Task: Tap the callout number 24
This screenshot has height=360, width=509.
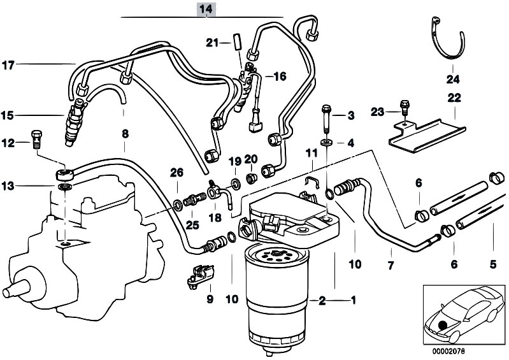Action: pyautogui.click(x=452, y=80)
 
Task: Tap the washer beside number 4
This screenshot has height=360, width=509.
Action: pyautogui.click(x=326, y=141)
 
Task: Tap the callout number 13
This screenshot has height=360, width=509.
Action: pyautogui.click(x=8, y=186)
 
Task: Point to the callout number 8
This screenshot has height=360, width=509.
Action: pyautogui.click(x=125, y=134)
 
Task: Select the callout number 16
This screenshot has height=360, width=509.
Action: pyautogui.click(x=280, y=76)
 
